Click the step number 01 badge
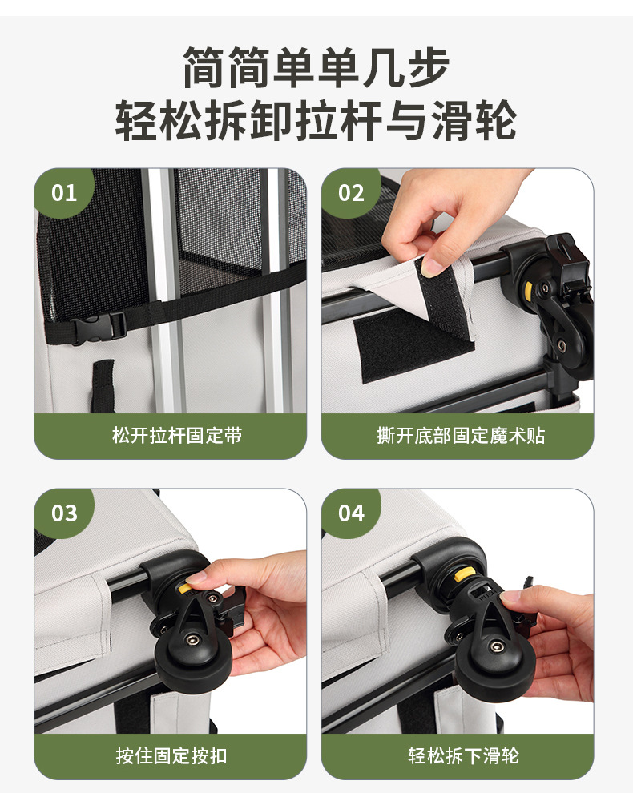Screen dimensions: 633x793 pos(64,193)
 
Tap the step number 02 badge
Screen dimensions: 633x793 pos(351,193)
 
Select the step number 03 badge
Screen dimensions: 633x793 pos(64,513)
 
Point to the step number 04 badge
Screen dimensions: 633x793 pos(351,513)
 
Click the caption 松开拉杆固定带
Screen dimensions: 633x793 pos(177,436)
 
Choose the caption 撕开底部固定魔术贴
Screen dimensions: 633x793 pos(461,436)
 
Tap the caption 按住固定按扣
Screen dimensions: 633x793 pos(171,755)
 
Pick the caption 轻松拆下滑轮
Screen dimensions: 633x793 pos(463,755)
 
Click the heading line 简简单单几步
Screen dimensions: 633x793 pos(316,68)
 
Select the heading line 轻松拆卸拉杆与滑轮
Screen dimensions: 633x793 pos(316,120)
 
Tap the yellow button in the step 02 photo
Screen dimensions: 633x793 pos(528,290)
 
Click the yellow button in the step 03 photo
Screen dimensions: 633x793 pos(184,587)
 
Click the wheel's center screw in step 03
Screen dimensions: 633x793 pos(192,640)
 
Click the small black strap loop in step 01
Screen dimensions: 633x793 pos(103,385)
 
